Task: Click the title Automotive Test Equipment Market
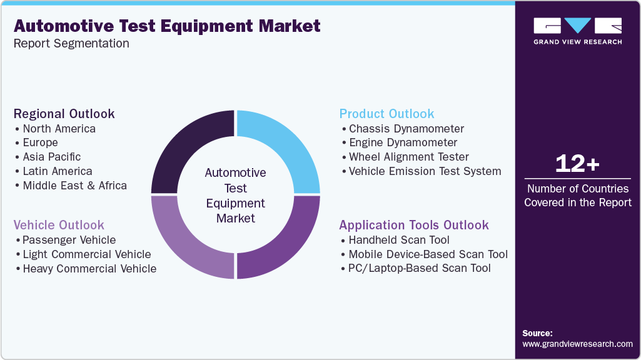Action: click(167, 26)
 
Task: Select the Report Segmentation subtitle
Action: click(71, 44)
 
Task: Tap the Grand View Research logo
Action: click(577, 31)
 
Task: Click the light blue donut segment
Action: click(281, 149)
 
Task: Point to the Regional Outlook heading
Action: click(64, 114)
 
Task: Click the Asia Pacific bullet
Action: click(52, 157)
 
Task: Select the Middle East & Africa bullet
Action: click(74, 186)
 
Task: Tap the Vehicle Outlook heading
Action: click(59, 225)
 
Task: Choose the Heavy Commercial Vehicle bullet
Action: click(89, 269)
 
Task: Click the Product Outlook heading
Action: click(386, 114)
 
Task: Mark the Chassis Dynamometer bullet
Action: click(406, 129)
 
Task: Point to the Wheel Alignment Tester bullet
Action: click(409, 157)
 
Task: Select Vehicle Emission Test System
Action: click(425, 171)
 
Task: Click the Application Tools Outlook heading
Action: click(414, 225)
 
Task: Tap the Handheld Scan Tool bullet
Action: click(399, 240)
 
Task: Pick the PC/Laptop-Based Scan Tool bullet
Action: click(420, 268)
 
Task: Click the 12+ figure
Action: click(577, 164)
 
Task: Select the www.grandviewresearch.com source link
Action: click(577, 344)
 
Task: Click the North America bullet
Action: click(59, 129)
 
